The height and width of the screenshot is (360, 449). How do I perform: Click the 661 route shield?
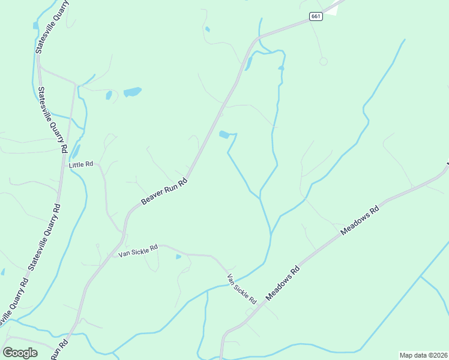coord(316,16)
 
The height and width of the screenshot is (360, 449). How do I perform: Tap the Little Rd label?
coord(81,164)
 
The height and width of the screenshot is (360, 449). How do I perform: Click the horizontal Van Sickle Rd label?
coord(137,250)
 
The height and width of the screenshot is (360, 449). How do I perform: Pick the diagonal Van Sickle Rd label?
coord(242,288)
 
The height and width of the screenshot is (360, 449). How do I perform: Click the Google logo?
coord(20,352)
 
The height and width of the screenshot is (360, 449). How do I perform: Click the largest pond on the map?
coord(132,92)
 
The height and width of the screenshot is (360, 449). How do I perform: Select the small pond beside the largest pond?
coord(109,95)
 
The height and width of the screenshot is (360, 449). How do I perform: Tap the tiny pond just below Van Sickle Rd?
coord(178,257)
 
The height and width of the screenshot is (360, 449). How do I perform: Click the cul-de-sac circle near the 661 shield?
coord(324,61)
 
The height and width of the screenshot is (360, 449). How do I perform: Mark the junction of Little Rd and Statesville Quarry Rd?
coord(62,166)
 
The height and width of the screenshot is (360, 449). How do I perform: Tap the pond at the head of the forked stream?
coord(224,134)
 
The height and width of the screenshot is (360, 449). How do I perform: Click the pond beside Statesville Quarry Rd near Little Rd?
coord(76,151)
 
